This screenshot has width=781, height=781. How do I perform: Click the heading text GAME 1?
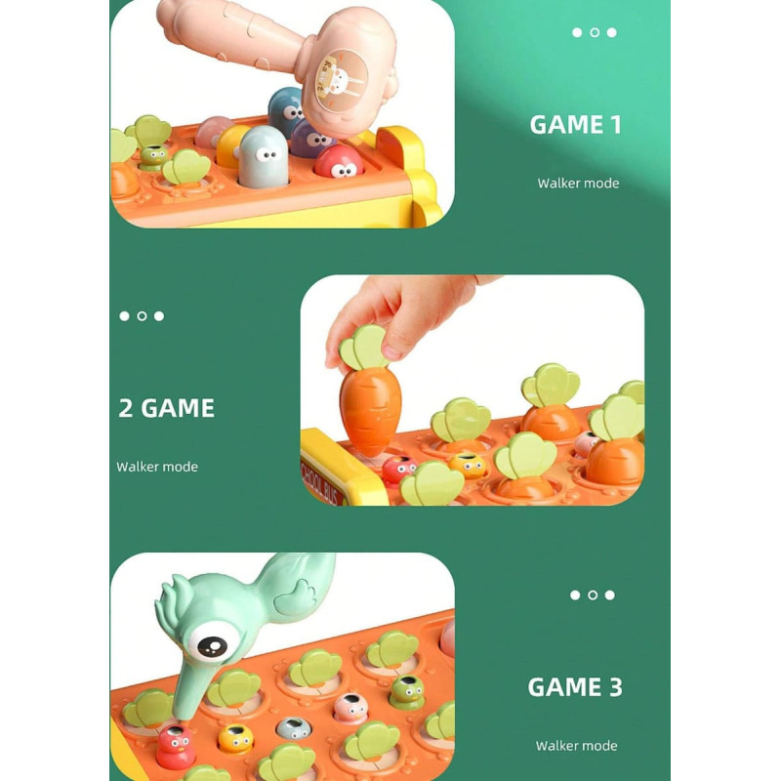click(x=575, y=125)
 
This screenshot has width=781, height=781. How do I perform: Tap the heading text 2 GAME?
click(x=166, y=408)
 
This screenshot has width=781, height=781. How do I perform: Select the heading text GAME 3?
click(x=575, y=687)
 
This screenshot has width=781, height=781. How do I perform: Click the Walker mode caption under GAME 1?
click(x=578, y=184)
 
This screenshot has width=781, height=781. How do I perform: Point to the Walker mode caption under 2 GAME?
click(x=157, y=467)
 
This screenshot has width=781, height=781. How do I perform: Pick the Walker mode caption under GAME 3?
click(x=576, y=746)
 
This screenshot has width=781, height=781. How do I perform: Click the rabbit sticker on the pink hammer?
click(x=341, y=81)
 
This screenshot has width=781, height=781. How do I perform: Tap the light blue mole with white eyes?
click(x=264, y=156)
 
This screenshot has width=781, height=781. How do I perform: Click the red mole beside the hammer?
click(x=339, y=162)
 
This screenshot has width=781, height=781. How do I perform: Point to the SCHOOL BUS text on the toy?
click(x=322, y=482)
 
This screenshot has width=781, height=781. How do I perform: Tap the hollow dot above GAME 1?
click(x=595, y=32)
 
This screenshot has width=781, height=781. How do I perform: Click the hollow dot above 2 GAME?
click(x=142, y=315)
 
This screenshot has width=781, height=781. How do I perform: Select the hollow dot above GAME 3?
click(x=593, y=595)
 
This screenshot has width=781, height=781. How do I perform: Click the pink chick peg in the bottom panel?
click(x=350, y=708)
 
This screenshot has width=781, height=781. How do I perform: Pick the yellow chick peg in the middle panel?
click(x=468, y=466)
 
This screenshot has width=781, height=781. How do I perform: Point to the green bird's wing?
click(x=295, y=596)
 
